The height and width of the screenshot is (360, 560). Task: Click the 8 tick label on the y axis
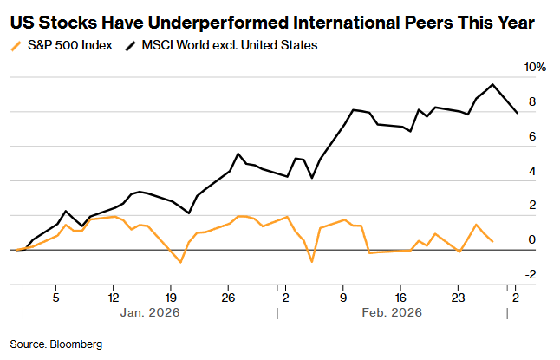[531, 102]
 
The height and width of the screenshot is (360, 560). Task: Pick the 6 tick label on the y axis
[531, 137]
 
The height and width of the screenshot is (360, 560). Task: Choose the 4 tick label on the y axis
[531, 172]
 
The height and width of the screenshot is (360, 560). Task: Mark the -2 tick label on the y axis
[531, 274]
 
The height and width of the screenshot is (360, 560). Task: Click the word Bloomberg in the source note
[75, 344]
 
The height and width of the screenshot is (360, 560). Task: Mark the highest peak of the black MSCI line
[492, 84]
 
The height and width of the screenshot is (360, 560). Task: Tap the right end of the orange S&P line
[493, 241]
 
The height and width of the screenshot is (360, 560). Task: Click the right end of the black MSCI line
[518, 113]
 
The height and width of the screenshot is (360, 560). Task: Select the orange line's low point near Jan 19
[180, 262]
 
